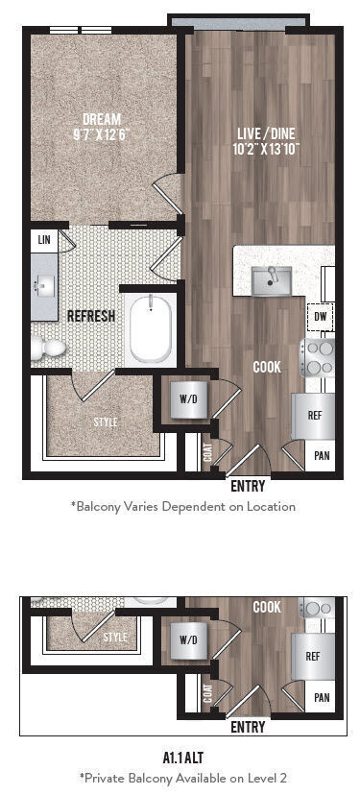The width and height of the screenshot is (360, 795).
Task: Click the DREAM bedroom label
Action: [x=101, y=119]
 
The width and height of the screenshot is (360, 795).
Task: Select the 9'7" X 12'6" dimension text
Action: [x=101, y=134]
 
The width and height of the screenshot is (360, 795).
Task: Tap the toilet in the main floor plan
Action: [x=48, y=348]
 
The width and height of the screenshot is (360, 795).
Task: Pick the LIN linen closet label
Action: [x=43, y=238]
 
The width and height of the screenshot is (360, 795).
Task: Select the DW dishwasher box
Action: [x=319, y=315]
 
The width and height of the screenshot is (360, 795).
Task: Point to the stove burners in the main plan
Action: [x=319, y=356]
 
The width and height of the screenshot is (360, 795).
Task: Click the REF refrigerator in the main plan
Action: [x=314, y=416]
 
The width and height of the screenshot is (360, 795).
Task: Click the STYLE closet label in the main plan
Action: [x=107, y=422]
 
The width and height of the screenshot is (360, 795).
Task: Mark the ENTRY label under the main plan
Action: [x=248, y=487]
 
